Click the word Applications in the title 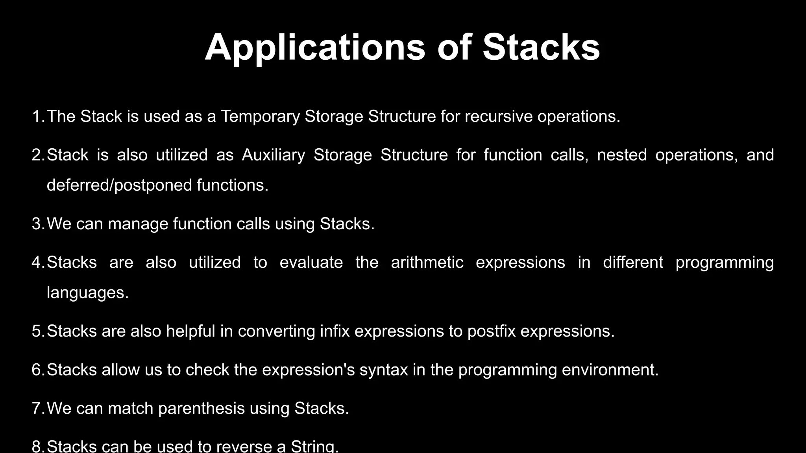(315, 48)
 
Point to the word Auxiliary (273, 155)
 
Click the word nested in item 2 (622, 155)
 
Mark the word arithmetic (427, 262)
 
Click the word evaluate (311, 262)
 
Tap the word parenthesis (201, 409)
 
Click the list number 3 (37, 224)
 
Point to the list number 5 (37, 331)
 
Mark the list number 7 (37, 409)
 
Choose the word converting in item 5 (276, 331)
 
